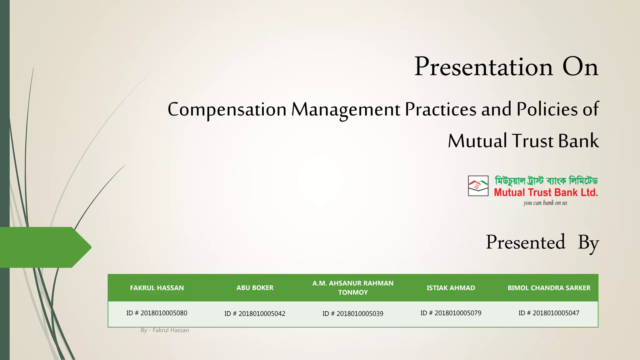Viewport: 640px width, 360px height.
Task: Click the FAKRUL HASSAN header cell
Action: coord(157,288)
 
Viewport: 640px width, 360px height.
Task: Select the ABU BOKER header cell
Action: coord(255,288)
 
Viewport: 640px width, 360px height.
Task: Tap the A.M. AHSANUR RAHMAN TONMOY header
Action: coord(353,288)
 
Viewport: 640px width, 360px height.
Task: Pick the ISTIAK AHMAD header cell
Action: coord(451,288)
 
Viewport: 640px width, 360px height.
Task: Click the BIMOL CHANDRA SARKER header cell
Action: coord(549,288)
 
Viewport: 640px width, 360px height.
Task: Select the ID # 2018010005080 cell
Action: coord(157,313)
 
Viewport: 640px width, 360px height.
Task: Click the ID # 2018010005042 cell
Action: coord(255,314)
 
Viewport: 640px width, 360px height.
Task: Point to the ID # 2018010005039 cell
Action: coord(353,314)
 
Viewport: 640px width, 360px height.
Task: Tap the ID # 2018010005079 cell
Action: coord(451,313)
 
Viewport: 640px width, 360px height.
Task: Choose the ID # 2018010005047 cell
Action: coord(549,313)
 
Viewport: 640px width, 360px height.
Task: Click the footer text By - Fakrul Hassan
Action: coord(165,330)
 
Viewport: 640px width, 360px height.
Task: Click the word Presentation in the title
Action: coord(483,67)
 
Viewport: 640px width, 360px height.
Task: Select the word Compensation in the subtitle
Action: coord(227,110)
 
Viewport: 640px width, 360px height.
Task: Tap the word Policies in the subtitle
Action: coord(547,109)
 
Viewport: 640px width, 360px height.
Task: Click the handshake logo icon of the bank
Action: coord(478,186)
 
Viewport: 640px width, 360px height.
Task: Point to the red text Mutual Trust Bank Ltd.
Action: coord(546,192)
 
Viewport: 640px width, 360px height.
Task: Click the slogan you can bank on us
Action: coord(545,203)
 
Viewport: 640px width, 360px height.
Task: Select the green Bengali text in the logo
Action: coord(546,181)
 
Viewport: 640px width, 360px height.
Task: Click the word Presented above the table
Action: coord(525,242)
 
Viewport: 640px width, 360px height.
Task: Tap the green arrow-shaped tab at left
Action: coord(44,247)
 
